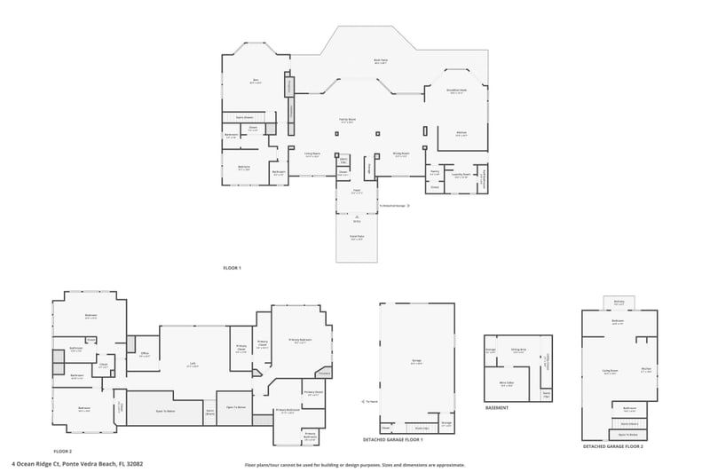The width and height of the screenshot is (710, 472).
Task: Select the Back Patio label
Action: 380,61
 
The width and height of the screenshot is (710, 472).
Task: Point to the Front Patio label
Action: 356,238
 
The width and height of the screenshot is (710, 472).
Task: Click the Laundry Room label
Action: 460,175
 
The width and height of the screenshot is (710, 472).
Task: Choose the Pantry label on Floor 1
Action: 435,173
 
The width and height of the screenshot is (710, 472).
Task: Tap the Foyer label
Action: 356,191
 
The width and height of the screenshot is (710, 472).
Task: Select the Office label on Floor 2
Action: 144,355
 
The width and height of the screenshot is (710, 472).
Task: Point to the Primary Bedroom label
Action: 299,340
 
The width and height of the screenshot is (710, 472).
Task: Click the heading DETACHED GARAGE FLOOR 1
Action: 393,440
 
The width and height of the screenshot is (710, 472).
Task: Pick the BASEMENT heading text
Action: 497,408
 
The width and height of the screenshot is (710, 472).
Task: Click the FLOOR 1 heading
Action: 232,267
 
